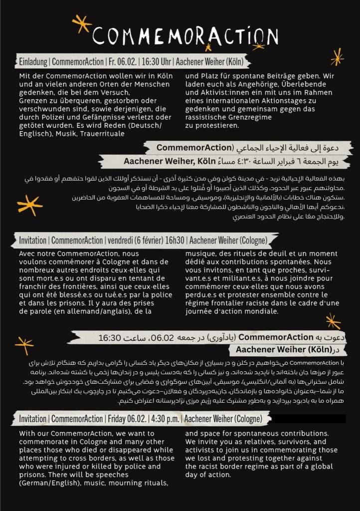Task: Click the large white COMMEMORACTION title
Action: [x=185, y=35]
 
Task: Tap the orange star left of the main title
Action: [x=81, y=22]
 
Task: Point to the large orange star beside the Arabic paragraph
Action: [x=29, y=205]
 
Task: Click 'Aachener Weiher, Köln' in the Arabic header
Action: [x=169, y=161]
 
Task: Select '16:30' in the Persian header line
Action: [x=110, y=338]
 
